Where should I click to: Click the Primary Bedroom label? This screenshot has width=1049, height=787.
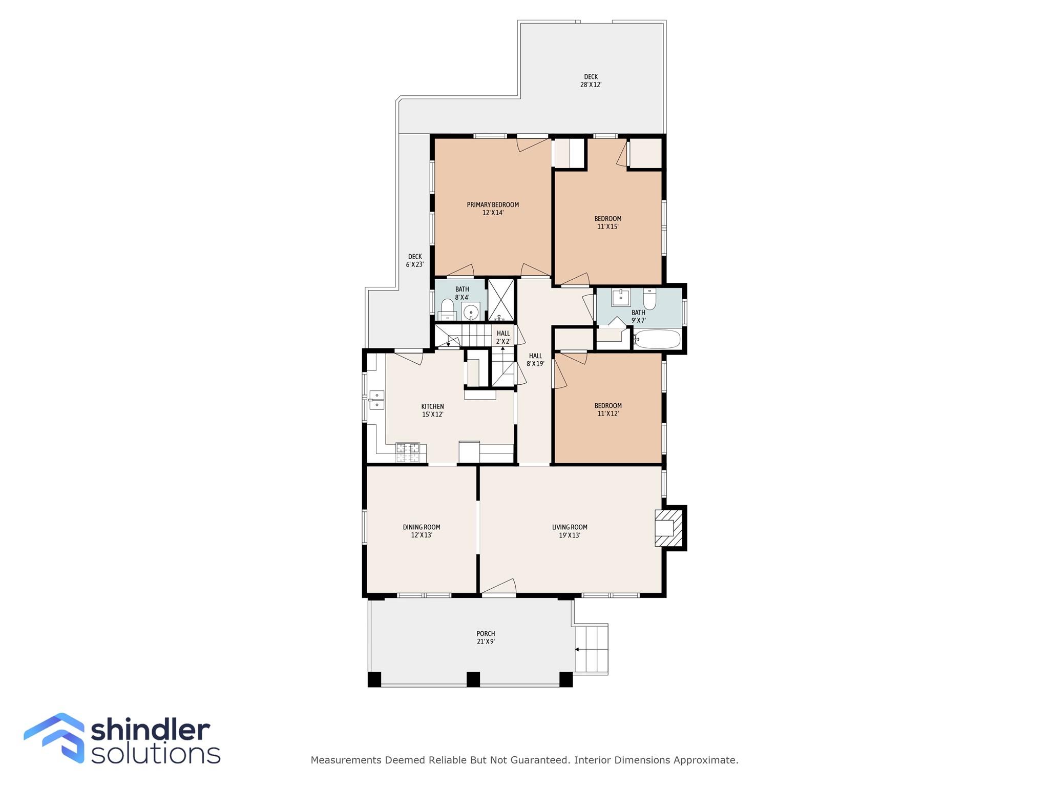[493, 209]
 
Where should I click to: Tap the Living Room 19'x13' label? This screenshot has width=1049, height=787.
[570, 531]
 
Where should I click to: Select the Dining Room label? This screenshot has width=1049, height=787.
[422, 531]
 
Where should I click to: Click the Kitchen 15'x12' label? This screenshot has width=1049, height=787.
[433, 410]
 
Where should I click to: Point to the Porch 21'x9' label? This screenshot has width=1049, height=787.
[486, 637]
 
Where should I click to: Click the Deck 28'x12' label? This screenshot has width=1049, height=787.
[591, 81]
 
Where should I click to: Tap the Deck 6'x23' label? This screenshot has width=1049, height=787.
[415, 261]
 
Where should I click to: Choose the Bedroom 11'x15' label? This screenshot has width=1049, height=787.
[608, 222]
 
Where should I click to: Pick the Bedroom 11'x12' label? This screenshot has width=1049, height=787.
[608, 409]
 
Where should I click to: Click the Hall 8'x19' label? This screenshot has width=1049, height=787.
[535, 360]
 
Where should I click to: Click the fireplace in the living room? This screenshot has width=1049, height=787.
[670, 528]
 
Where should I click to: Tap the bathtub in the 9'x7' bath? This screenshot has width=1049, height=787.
[658, 339]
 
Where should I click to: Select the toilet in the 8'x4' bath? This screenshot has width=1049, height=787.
[448, 310]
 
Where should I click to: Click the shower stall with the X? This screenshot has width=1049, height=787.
[501, 300]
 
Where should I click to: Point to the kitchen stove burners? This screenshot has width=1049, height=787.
[408, 452]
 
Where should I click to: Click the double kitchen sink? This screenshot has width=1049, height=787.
[377, 400]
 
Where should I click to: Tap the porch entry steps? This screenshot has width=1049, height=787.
[591, 649]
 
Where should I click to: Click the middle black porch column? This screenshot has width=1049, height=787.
[473, 679]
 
